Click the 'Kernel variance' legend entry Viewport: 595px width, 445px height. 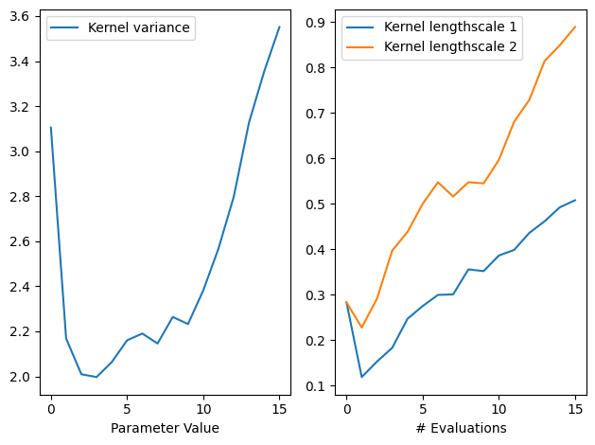138,28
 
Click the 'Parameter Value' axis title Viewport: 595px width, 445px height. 165,428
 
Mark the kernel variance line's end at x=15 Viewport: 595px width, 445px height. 279,27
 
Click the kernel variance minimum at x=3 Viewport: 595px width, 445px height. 96,377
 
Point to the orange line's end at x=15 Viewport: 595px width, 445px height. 575,27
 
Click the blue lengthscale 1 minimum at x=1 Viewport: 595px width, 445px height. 361,377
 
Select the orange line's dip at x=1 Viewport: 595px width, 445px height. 361,328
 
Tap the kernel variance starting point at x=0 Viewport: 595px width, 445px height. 51,128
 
